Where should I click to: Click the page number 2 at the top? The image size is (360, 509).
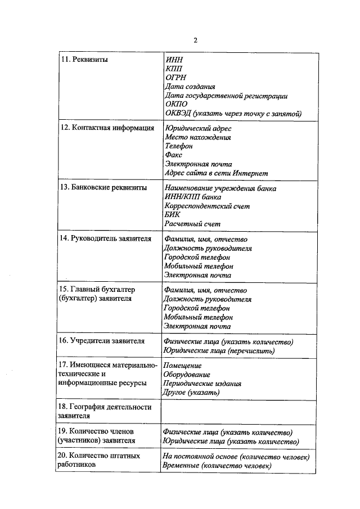coord(195,40)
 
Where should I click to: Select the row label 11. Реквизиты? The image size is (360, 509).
coord(84,59)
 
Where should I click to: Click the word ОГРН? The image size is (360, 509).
coord(175,78)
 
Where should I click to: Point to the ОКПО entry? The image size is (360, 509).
coord(177,105)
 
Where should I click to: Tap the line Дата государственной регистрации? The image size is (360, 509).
coord(226,96)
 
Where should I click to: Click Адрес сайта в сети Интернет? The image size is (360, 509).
coord(216,173)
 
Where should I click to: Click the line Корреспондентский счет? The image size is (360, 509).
coord(208,206)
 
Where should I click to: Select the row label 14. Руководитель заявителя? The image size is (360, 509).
coord(105,238)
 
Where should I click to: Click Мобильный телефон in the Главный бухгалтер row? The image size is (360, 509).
coord(199,317)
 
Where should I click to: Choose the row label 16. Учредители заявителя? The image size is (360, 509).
coord(102,341)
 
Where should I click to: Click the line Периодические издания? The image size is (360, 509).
coord(202,384)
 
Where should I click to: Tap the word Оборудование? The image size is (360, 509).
coord(187,375)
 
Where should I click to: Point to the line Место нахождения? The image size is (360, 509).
coord(197,137)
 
